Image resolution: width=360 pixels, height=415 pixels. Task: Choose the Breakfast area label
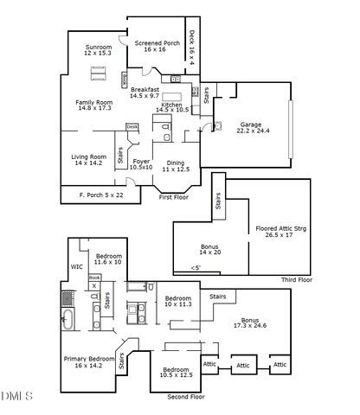(145, 90)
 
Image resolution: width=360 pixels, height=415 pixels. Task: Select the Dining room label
(175, 164)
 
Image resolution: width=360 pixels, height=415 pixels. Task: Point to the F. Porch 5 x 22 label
(95, 195)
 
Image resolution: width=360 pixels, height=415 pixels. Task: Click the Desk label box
(132, 127)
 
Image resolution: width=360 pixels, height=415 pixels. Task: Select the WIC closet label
(76, 267)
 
